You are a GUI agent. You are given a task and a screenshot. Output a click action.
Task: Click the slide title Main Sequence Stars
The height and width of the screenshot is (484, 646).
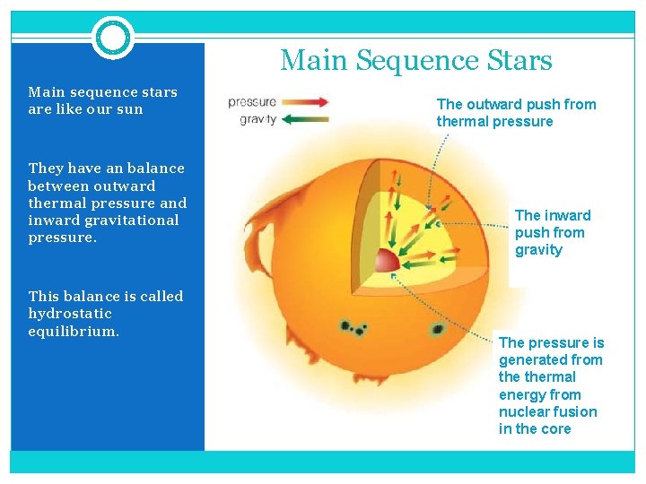click(x=415, y=60)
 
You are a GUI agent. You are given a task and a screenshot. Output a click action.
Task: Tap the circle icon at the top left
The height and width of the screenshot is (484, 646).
click(x=113, y=38)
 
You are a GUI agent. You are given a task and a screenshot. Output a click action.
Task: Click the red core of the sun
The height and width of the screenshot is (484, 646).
click(x=386, y=261)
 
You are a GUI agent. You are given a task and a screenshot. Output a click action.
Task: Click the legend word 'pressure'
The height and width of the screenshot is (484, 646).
click(x=252, y=102)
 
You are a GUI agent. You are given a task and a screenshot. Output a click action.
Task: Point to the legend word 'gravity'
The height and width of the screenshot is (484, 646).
click(x=258, y=120)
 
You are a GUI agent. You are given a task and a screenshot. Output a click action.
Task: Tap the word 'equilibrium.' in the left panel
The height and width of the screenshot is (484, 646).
click(x=74, y=331)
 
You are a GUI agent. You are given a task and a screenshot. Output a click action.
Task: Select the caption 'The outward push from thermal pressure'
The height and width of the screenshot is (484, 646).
click(x=516, y=113)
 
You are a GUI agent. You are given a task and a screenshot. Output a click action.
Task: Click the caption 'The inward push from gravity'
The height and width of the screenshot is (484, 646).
click(x=552, y=232)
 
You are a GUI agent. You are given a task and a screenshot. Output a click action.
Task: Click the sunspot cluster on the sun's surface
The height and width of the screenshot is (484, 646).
click(x=352, y=328)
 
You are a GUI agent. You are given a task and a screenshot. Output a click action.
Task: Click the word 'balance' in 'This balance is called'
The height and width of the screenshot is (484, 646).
click(x=88, y=297)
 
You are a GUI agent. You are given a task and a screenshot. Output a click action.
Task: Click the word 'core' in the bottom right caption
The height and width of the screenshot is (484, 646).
click(x=555, y=428)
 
